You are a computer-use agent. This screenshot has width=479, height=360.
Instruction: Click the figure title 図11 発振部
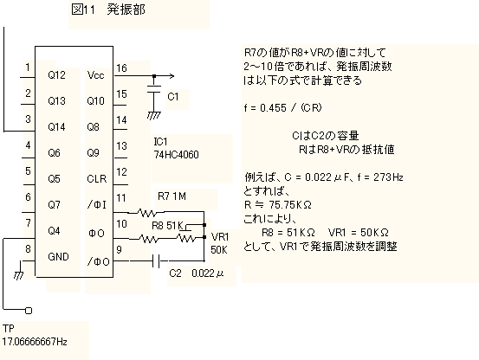(108, 10)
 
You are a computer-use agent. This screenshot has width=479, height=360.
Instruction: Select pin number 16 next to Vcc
(121, 68)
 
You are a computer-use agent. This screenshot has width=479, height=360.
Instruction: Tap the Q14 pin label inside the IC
(56, 126)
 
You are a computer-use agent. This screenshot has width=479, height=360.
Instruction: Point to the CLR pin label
(96, 178)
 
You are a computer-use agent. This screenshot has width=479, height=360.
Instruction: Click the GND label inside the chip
(58, 256)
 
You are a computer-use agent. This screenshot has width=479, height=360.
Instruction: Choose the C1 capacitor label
(173, 97)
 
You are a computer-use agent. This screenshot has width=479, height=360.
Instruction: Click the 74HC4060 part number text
(176, 155)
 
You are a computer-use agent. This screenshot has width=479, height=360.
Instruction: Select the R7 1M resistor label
(172, 196)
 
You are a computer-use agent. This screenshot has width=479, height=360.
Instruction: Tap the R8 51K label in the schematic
(167, 226)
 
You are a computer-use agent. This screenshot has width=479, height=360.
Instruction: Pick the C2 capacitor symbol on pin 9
(156, 261)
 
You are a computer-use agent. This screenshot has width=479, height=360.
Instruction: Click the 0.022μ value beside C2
(208, 273)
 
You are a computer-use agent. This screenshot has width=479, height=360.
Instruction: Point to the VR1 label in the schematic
(220, 237)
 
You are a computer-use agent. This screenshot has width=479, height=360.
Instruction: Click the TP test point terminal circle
(29, 311)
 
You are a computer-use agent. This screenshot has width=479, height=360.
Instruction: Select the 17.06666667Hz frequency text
(35, 341)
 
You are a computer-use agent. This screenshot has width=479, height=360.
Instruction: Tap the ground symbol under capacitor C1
(153, 115)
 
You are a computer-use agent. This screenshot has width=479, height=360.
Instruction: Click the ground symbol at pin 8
(19, 275)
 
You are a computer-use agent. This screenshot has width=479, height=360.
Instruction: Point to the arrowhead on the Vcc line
(172, 76)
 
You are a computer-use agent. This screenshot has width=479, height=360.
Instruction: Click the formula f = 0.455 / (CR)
(283, 107)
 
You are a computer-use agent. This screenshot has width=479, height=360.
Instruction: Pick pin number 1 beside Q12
(28, 67)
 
